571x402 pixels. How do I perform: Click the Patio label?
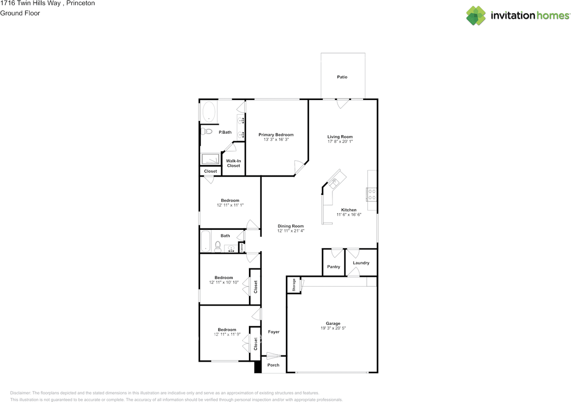(x=342, y=77)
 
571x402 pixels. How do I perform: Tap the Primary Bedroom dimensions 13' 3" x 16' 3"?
(x=276, y=140)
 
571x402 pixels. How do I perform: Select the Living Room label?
(x=340, y=137)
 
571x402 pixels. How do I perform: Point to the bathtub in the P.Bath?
(x=209, y=112)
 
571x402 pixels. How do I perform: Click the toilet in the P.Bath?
(x=206, y=132)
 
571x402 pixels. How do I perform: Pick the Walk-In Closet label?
(x=233, y=163)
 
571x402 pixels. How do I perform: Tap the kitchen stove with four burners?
(x=372, y=195)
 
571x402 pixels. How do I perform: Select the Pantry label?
(x=334, y=267)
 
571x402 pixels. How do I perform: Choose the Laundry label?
(x=361, y=263)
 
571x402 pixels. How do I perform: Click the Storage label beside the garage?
(x=294, y=285)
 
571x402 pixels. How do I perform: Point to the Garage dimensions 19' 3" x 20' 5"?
(x=333, y=328)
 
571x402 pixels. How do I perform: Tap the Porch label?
(x=273, y=365)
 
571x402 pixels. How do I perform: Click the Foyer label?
(x=273, y=332)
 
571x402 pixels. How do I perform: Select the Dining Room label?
(x=290, y=226)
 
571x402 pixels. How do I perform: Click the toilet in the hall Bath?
(x=218, y=247)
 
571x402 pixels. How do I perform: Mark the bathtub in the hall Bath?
(x=206, y=241)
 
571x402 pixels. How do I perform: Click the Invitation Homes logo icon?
(x=476, y=16)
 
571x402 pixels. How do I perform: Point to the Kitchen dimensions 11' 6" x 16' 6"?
(x=349, y=215)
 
